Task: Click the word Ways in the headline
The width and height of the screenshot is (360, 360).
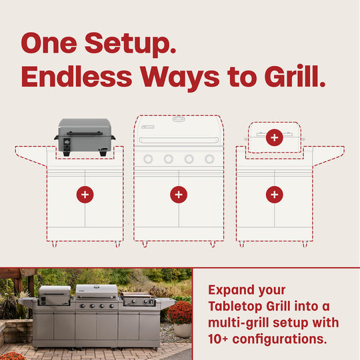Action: click(177, 77)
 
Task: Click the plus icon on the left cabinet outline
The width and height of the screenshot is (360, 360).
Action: click(85, 195)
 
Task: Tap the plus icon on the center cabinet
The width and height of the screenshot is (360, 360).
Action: click(178, 195)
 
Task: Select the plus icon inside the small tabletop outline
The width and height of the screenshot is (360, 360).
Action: click(274, 138)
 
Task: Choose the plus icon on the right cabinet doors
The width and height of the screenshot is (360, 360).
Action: click(274, 195)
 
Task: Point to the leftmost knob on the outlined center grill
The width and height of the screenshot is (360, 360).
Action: click(149, 159)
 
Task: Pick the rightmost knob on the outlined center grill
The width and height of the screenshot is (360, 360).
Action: click(209, 159)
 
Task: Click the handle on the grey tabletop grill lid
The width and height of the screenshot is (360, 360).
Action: click(85, 133)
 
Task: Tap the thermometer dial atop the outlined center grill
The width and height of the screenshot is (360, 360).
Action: click(178, 119)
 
